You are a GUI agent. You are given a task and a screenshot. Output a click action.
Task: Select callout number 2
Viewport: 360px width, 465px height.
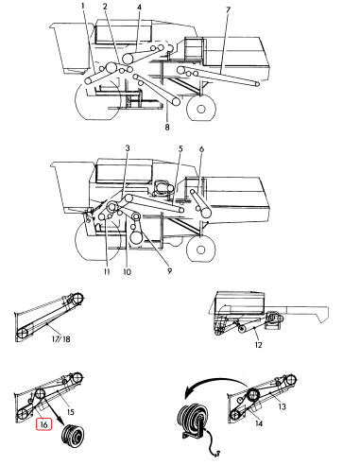[105, 7]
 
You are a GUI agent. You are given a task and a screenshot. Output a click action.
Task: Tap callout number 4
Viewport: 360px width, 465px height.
[139, 8]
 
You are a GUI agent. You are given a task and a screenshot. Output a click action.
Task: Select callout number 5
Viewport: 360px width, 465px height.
[180, 149]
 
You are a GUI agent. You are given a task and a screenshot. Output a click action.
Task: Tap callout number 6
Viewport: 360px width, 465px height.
[201, 149]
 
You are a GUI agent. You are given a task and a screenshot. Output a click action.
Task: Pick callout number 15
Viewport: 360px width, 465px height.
[70, 412]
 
